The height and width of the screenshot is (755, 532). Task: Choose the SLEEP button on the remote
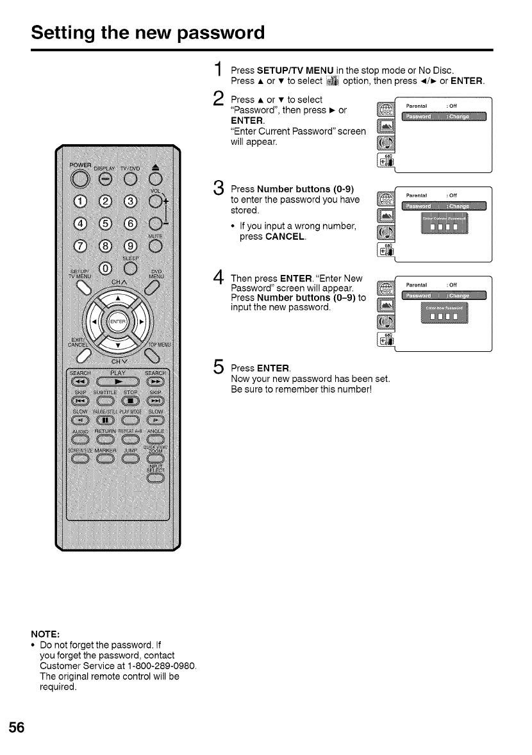coord(131,268)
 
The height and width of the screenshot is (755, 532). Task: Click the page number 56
coord(17,727)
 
